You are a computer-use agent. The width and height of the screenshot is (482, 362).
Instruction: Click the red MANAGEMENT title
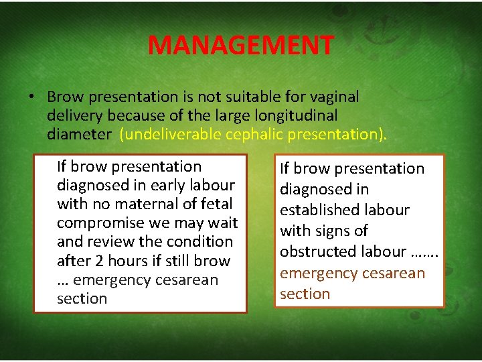pos(240,46)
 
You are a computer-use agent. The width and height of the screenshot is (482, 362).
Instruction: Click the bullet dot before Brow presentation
pos(31,97)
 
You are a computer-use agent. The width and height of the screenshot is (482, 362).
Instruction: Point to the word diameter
pos(80,134)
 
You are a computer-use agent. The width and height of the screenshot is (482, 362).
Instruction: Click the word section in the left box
pos(82,298)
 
